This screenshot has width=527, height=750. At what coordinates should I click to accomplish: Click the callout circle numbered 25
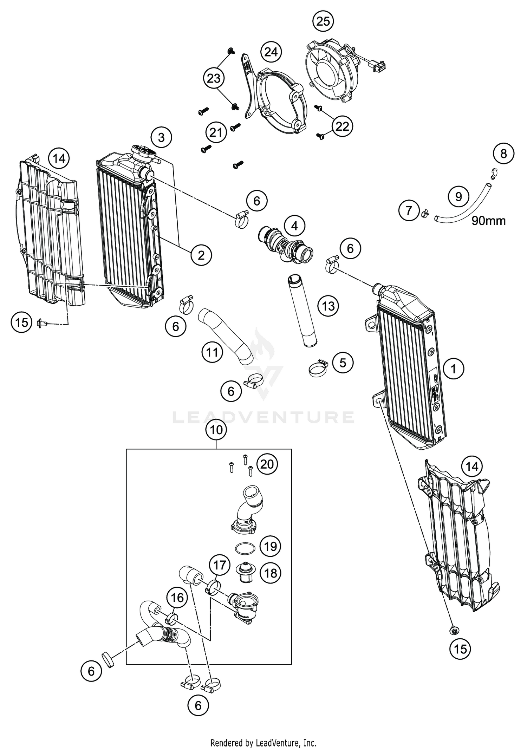[x=323, y=21]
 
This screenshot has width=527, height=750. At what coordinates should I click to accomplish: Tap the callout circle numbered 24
[x=271, y=52]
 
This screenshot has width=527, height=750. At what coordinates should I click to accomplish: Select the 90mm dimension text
[x=488, y=221]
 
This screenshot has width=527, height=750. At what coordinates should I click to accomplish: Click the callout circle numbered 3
[x=161, y=137]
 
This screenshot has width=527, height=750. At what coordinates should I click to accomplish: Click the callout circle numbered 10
[x=216, y=430]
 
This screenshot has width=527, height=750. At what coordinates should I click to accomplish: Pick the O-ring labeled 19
[x=244, y=548]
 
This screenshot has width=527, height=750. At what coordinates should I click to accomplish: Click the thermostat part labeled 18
[x=245, y=572]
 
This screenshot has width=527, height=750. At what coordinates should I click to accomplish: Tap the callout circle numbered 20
[x=267, y=464]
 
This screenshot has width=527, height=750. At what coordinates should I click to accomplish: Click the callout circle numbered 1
[x=454, y=369]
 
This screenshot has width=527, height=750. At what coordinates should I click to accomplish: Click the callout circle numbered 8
[x=503, y=154]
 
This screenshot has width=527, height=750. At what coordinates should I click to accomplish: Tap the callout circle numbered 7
[x=409, y=210]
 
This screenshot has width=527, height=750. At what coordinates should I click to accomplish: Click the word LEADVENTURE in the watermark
[x=263, y=417]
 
